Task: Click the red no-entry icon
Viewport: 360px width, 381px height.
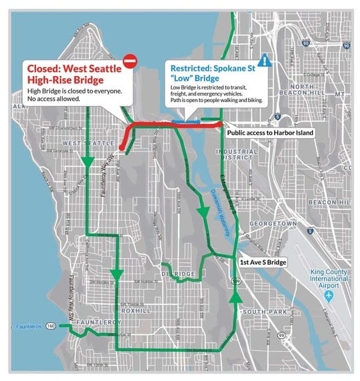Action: (x=130, y=61)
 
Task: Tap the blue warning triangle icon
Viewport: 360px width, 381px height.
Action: (x=266, y=60)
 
